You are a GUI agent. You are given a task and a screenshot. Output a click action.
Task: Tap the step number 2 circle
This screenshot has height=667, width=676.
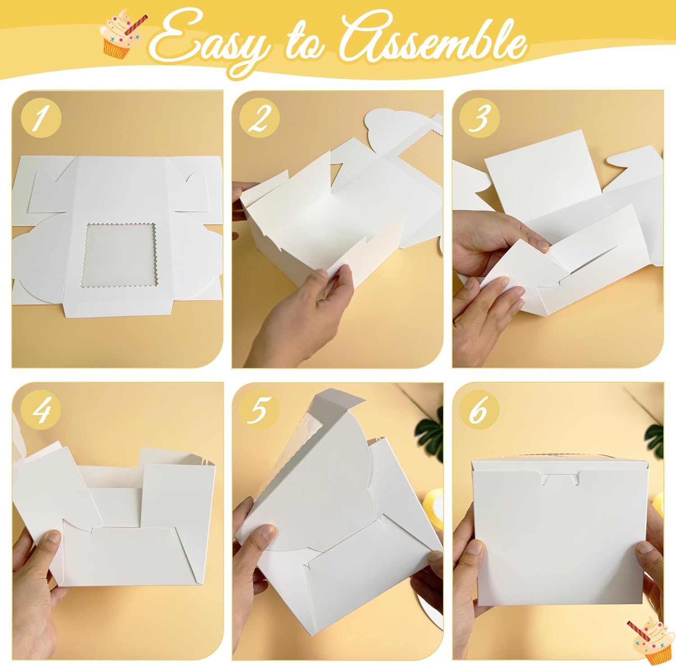(x=260, y=119)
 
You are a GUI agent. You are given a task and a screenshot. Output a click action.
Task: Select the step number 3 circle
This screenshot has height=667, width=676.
(x=480, y=119)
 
